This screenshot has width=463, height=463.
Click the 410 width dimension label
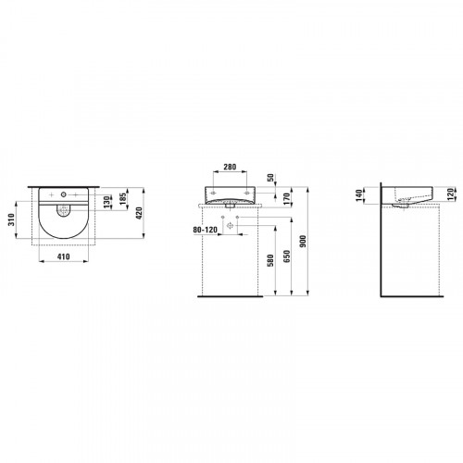[x=64, y=257]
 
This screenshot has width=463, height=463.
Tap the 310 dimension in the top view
[x=11, y=219]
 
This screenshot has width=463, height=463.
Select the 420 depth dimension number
[x=139, y=213]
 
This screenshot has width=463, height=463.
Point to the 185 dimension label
[x=123, y=199]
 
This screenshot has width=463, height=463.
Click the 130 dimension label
[x=106, y=202]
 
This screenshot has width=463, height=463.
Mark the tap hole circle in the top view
[x=64, y=194]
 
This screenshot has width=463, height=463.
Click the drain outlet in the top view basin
[x=64, y=211]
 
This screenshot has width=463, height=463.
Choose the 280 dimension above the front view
[x=230, y=167]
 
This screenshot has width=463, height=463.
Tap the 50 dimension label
[x=270, y=178]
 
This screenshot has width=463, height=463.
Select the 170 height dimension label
[x=286, y=199]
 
